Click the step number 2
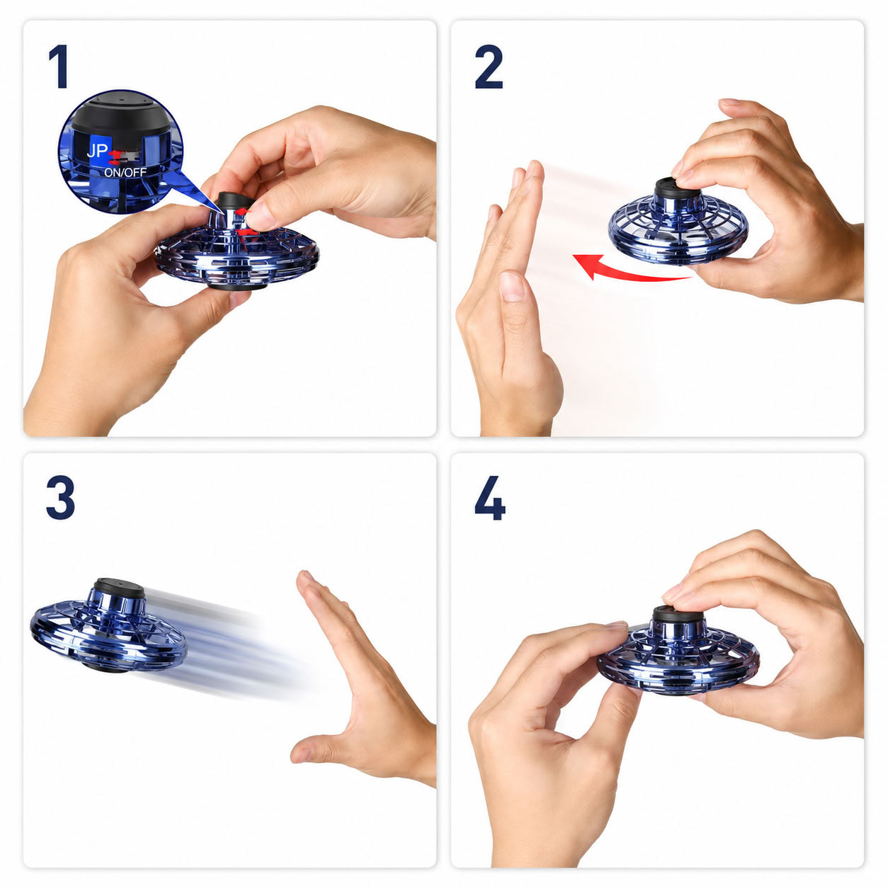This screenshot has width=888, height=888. point(489,67)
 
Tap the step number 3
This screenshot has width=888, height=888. point(60,498)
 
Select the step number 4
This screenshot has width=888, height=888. point(490,498)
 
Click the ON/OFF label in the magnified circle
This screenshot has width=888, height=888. point(125,172)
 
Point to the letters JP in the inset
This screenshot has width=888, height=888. point(97,151)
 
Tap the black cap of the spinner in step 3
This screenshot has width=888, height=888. point(119,590)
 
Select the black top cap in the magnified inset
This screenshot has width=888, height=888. point(121,113)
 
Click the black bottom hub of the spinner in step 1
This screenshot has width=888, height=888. point(236,286)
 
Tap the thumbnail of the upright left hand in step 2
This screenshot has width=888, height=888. point(511,286)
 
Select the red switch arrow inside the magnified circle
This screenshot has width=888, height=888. point(118,156)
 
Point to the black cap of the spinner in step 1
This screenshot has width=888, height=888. point(234,201)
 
